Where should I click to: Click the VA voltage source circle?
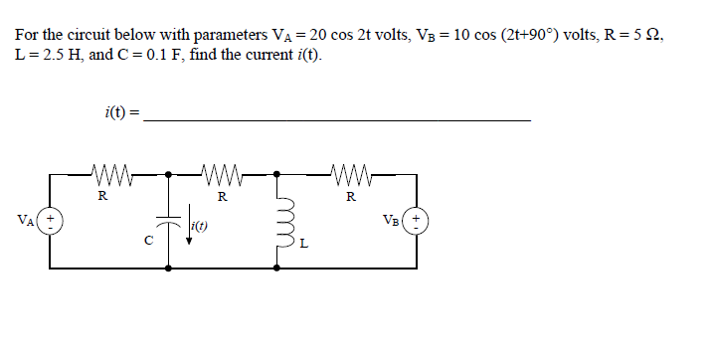(50, 220)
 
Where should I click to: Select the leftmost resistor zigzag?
(105, 176)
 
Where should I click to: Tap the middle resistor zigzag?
(222, 176)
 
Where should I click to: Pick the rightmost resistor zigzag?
(350, 176)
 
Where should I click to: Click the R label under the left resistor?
(102, 197)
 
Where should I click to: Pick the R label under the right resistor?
(351, 197)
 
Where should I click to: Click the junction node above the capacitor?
(168, 176)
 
